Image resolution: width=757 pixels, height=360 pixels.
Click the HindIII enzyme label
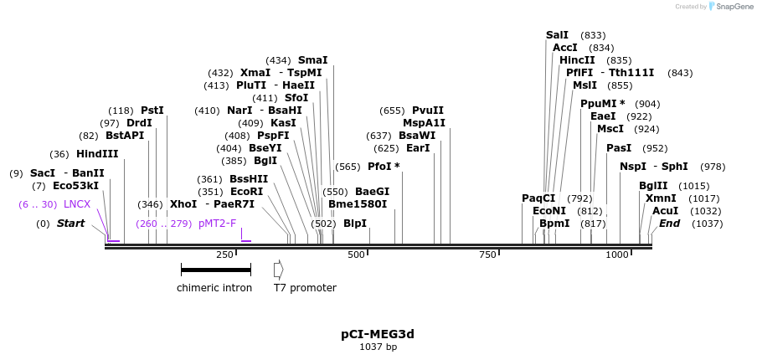point(97,154)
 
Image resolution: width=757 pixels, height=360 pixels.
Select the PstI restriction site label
point(152,111)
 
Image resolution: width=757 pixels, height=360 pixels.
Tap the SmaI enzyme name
point(312,60)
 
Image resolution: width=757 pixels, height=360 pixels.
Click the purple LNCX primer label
point(77,204)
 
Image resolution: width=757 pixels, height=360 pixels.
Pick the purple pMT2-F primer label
point(218,224)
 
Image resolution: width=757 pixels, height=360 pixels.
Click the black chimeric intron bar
point(216,270)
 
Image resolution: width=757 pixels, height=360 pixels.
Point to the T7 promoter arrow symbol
point(279,270)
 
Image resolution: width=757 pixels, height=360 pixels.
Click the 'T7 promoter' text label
point(305,288)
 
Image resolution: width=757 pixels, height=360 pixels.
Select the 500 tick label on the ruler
point(356,255)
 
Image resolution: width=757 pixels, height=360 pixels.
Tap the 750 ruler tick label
point(487,255)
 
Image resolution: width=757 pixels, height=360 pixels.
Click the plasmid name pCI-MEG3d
point(378,334)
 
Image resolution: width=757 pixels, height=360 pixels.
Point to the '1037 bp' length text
point(378,347)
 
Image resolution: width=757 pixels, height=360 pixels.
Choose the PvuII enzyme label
point(428,111)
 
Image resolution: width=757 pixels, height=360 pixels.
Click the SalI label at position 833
point(557,35)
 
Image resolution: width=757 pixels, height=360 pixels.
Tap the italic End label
point(669,224)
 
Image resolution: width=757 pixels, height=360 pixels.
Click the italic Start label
point(70,224)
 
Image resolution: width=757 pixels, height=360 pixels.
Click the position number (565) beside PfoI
point(348,167)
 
